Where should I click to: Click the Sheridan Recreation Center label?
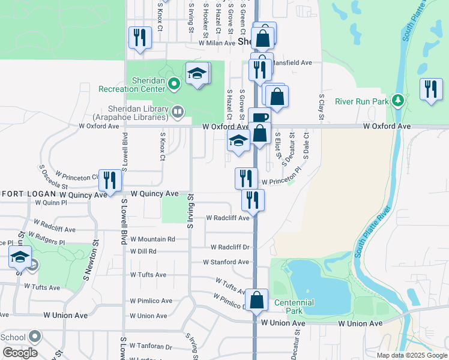(x=131, y=84)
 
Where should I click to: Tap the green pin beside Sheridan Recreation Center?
(x=174, y=83)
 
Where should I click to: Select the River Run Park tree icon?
(x=396, y=101)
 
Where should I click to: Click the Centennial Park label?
(x=294, y=302)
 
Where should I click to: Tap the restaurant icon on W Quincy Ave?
(x=110, y=179)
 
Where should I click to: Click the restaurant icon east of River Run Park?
(x=430, y=89)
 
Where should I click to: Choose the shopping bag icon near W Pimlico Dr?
(x=256, y=300)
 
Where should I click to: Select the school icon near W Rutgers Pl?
(x=20, y=258)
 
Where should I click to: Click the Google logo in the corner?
(x=20, y=353)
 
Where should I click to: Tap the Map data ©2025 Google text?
(x=412, y=355)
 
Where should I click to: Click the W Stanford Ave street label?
(x=226, y=262)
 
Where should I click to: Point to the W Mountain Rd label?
(x=152, y=239)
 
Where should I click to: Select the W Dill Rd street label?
(x=143, y=251)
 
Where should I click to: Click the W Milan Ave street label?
(x=209, y=43)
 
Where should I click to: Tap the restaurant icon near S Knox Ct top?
(x=139, y=37)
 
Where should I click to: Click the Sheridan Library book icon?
(x=178, y=110)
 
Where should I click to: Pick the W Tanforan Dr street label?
(x=152, y=347)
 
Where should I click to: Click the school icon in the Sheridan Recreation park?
(x=197, y=73)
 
